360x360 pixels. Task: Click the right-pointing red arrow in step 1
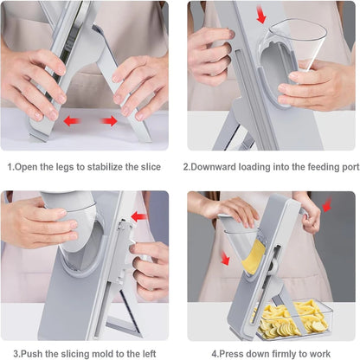(x=107, y=121)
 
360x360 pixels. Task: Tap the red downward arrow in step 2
(x=261, y=16)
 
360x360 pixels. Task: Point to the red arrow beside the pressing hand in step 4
(x=328, y=204)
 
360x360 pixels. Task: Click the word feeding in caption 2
(x=308, y=167)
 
